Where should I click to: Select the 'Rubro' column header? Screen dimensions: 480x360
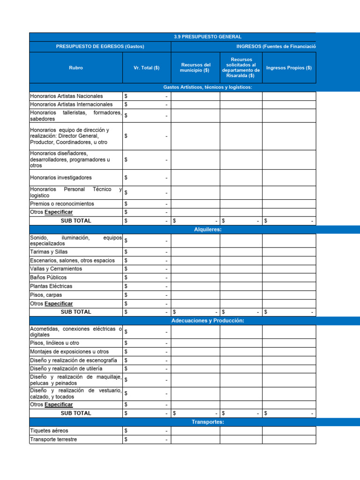tap(75, 67)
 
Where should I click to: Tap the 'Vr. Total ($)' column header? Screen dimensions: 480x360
tap(147, 67)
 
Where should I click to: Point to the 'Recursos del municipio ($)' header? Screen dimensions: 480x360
tap(195, 67)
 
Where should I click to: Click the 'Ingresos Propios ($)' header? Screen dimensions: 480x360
tap(289, 67)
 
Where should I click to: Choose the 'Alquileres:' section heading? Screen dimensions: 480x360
tap(208, 229)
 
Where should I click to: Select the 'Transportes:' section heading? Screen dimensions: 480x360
tap(208, 422)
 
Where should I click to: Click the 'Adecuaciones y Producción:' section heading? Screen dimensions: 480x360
tap(208, 321)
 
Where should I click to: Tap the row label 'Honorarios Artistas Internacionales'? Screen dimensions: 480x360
tap(71, 105)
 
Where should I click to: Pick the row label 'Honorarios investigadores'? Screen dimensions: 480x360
tap(61, 178)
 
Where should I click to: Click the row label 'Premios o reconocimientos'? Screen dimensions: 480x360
tap(62, 204)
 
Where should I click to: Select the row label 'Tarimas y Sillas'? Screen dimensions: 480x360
tap(49, 252)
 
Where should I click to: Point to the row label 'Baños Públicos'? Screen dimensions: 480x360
tap(48, 277)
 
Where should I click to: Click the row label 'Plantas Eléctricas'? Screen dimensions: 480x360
tap(51, 286)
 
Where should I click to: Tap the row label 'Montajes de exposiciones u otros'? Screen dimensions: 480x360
tap(69, 352)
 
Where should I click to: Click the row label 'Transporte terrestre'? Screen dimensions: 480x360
tap(53, 440)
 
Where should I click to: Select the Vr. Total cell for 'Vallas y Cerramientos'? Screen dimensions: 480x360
tap(147, 269)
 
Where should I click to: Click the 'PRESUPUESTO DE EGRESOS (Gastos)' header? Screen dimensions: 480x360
tap(100, 46)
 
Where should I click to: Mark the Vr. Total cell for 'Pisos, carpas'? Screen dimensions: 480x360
tap(147, 295)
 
